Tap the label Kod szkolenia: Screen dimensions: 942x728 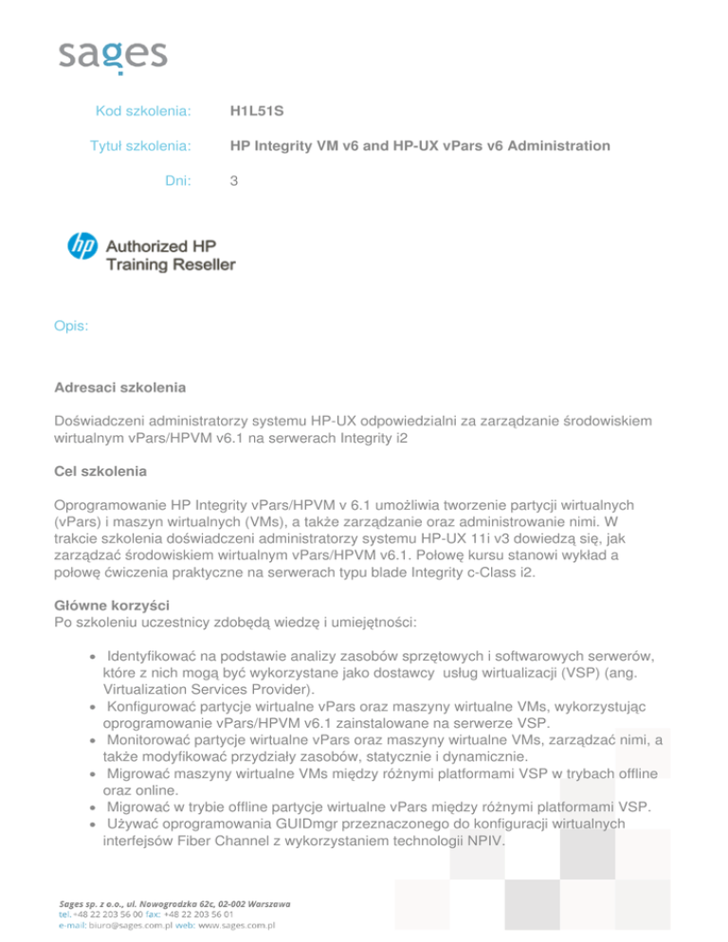pyautogui.click(x=144, y=112)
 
